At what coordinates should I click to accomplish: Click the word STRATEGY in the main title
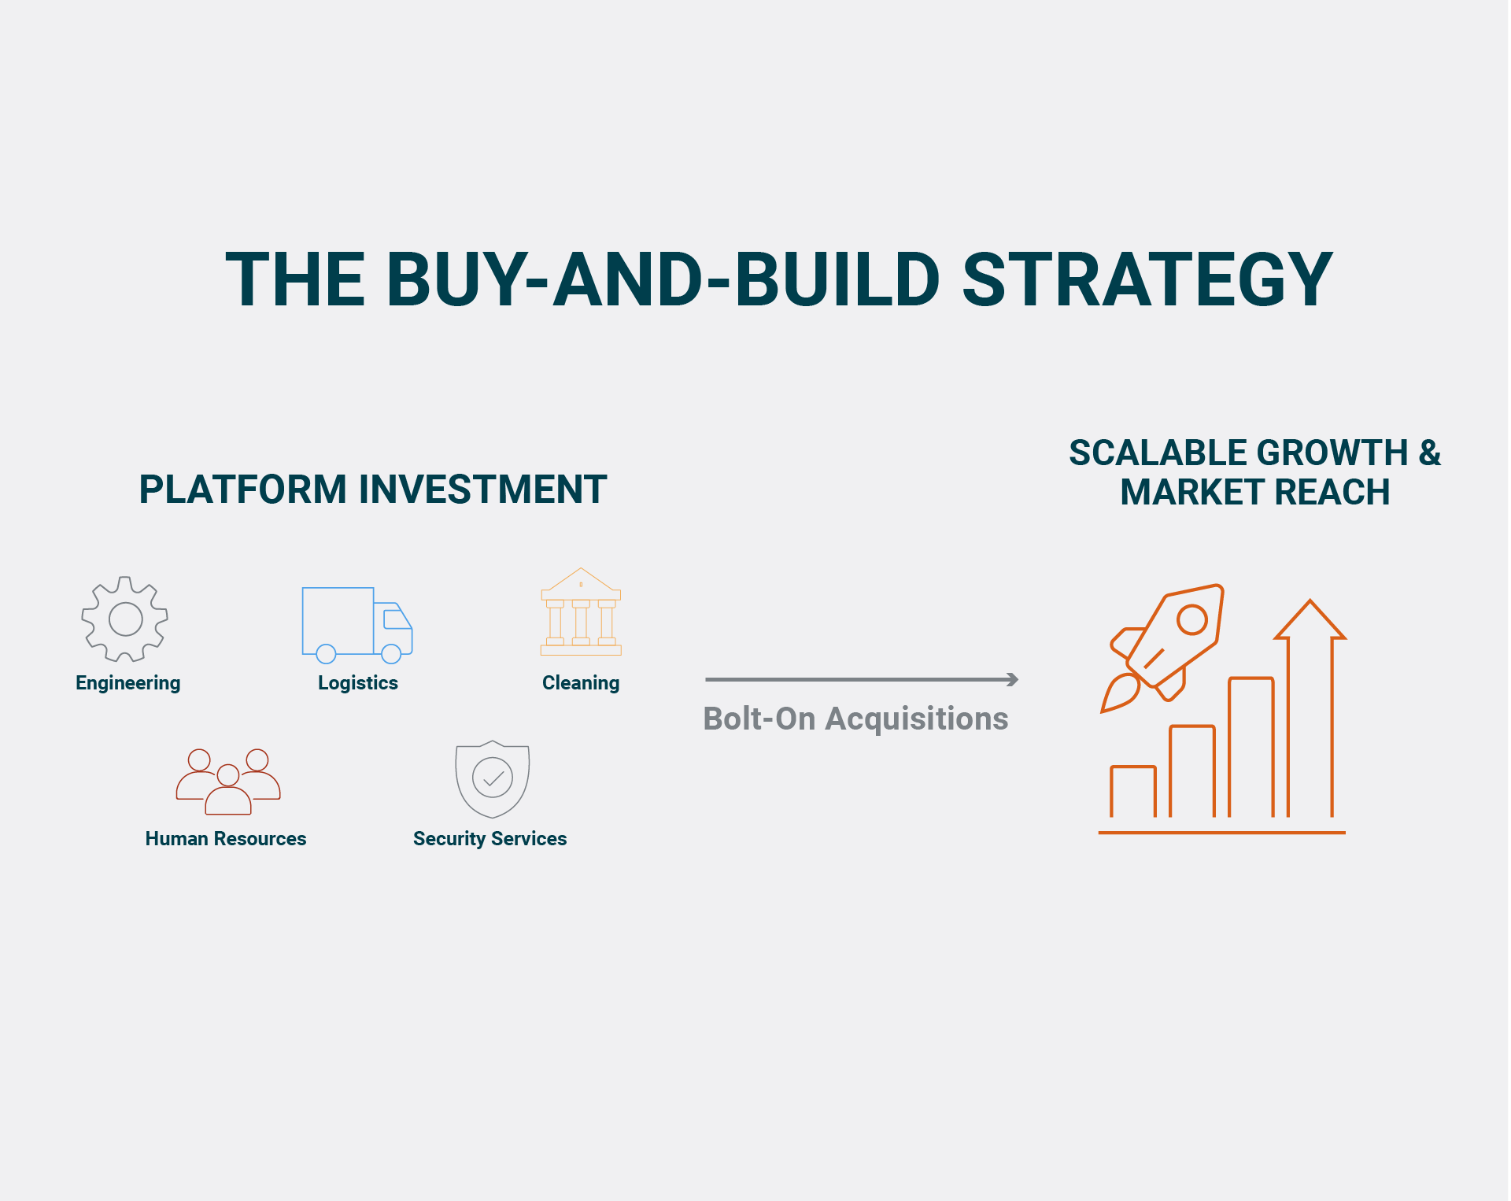tap(1147, 279)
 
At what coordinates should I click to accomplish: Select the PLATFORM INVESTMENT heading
tap(373, 490)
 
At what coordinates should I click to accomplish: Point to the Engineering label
tap(128, 683)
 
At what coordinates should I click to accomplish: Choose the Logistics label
tap(358, 683)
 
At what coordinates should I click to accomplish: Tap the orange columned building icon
tap(581, 612)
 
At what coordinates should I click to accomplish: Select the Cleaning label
tap(581, 683)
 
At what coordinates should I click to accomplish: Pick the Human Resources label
tap(226, 839)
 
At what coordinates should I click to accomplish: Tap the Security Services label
tap(490, 839)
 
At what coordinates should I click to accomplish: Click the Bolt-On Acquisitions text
tap(855, 719)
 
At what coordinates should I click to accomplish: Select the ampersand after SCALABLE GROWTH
tap(1429, 453)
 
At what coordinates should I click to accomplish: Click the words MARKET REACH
tap(1255, 493)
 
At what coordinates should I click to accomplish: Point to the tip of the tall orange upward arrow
tap(1310, 600)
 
